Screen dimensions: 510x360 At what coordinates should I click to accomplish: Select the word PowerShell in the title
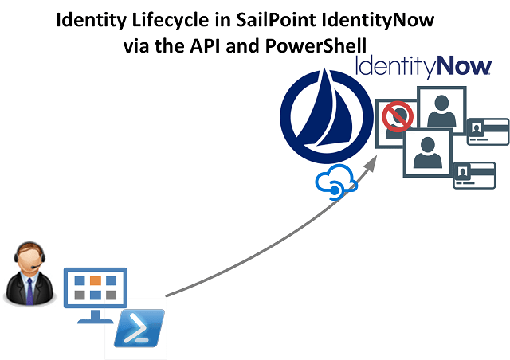point(321,45)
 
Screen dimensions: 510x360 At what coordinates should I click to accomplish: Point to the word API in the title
point(213,45)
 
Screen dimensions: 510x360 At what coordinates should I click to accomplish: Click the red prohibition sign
point(396,119)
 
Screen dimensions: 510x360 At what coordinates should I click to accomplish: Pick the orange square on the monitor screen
point(95,281)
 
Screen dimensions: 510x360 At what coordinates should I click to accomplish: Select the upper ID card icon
point(488,131)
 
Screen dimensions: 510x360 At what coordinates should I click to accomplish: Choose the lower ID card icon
point(474,175)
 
